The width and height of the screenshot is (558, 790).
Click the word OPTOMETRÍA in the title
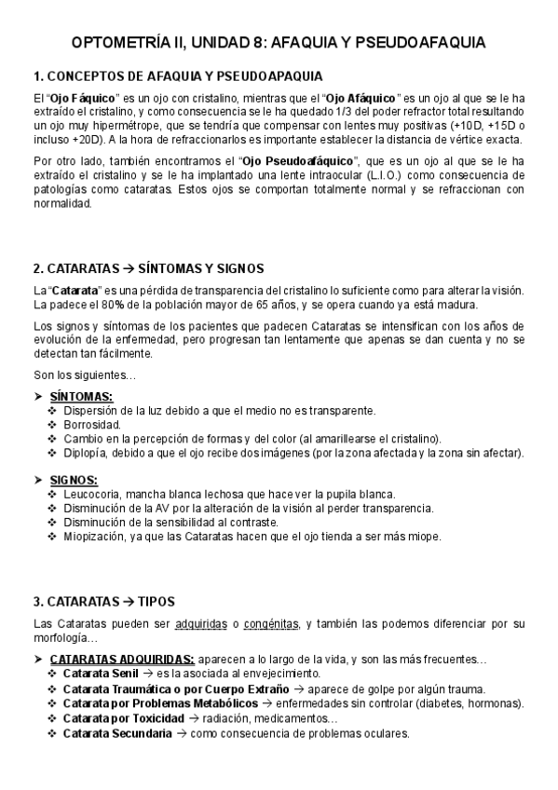pyautogui.click(x=128, y=43)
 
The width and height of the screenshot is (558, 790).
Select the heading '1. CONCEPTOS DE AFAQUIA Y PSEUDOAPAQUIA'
pyautogui.click(x=179, y=75)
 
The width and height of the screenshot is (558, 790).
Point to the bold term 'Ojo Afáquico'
pyautogui.click(x=361, y=97)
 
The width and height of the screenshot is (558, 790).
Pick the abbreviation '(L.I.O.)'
pyautogui.click(x=381, y=174)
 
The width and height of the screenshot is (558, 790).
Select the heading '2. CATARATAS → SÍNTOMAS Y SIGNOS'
pyautogui.click(x=148, y=267)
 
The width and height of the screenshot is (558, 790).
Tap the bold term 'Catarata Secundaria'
pyautogui.click(x=117, y=733)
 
